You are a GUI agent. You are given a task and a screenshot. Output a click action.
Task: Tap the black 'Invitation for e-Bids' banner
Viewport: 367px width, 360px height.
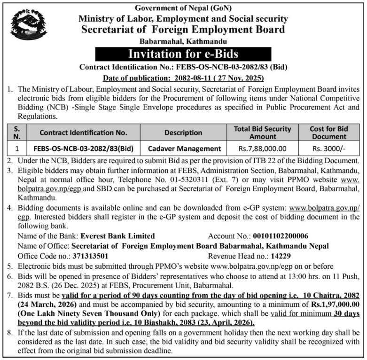point(183,54)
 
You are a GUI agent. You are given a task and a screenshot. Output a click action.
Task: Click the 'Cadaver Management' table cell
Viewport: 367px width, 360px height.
point(184,149)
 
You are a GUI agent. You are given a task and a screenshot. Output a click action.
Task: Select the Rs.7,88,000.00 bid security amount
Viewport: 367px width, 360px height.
point(263,149)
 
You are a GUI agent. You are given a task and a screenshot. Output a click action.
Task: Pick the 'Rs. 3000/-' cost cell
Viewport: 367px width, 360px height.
point(329,149)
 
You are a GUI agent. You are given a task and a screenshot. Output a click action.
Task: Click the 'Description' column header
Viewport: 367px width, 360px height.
point(184,133)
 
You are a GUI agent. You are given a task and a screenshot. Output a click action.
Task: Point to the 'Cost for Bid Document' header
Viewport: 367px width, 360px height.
point(329,133)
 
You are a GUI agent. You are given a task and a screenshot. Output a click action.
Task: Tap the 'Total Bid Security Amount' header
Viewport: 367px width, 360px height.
point(263,133)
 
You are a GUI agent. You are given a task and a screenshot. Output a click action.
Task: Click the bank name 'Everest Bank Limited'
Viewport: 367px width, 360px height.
point(117,236)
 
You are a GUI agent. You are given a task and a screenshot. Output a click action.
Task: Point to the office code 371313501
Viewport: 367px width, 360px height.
point(91,256)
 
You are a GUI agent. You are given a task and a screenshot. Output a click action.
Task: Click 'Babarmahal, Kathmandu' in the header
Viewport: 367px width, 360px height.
point(183,42)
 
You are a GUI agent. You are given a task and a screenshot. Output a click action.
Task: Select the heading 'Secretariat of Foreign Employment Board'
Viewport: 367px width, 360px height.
point(183,30)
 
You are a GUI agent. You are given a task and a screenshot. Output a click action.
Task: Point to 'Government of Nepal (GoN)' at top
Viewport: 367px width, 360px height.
point(183,8)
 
